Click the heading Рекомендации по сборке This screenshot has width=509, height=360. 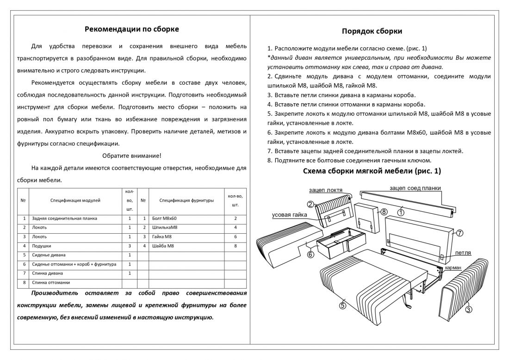132,29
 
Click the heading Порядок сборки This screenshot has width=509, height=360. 372,31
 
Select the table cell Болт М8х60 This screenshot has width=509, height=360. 164,218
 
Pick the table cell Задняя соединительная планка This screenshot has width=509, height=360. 65,218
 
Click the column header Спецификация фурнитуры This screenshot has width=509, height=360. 186,200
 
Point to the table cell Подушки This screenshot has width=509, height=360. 42,246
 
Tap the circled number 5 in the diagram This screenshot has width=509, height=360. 342,304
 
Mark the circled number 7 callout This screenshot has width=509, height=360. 459,233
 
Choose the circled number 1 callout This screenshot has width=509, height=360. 401,212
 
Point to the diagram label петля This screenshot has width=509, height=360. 463,253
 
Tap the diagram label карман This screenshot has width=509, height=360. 453,268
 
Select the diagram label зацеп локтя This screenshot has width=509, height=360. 326,190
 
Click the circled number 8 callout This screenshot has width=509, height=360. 384,211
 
